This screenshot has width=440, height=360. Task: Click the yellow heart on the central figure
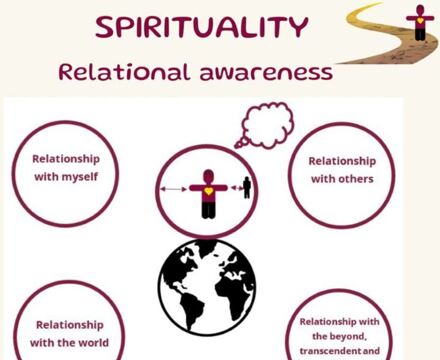tap(206, 189)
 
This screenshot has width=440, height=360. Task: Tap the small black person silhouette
tap(246, 188)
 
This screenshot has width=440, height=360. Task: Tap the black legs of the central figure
tap(206, 208)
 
